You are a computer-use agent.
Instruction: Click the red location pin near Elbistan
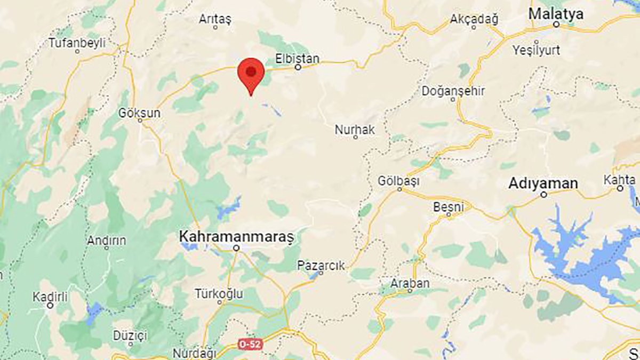pos(251,73)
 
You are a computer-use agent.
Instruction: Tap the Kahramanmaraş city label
pos(237,235)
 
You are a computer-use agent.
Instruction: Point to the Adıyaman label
pos(543,183)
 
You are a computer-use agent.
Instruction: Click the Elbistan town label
pos(297,58)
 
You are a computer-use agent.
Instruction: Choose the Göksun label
pos(140,113)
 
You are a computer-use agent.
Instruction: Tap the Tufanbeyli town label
pos(77,43)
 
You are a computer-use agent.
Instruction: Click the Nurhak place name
pos(355,130)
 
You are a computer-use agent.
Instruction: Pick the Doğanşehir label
pos(453,91)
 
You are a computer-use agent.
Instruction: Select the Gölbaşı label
pos(398,181)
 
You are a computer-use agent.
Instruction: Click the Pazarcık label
pos(321,265)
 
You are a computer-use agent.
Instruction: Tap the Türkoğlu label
pos(219,294)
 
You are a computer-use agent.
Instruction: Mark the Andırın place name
pos(107,241)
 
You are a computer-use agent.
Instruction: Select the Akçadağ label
pos(474,20)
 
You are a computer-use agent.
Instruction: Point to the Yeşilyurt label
pos(536,51)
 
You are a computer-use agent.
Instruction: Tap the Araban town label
pos(410,283)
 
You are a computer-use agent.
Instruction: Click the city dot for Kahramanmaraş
pos(237,248)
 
